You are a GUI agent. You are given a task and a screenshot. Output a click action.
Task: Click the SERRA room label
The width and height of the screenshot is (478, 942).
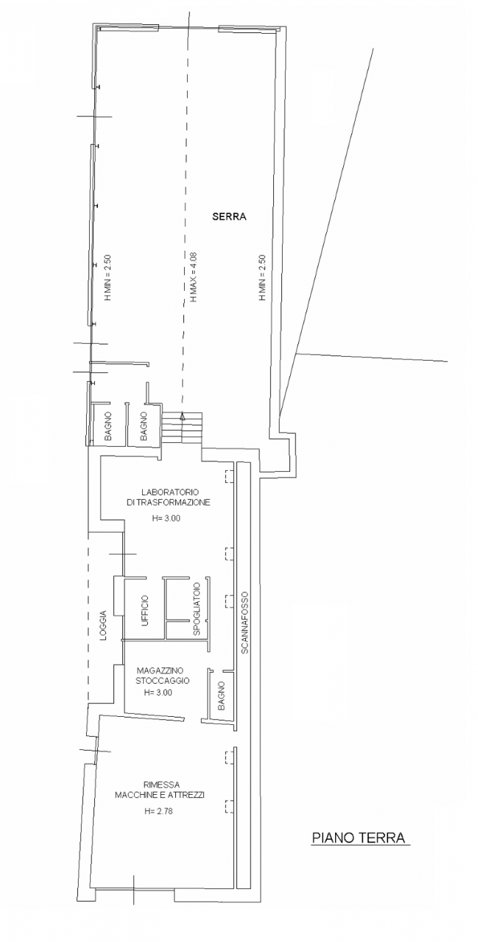(229, 217)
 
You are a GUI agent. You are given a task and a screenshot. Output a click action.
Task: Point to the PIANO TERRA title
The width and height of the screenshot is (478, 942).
(358, 837)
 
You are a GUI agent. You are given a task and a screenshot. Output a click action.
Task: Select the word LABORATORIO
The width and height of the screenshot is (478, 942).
(170, 492)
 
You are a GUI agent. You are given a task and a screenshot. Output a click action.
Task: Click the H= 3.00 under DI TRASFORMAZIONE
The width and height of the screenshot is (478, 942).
(166, 519)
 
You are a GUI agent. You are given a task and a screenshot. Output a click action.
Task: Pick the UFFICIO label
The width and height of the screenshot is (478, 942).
(145, 611)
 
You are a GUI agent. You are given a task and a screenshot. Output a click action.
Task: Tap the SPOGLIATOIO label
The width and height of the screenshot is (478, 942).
(196, 608)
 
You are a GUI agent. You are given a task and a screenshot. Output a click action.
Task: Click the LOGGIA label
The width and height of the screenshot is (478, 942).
(104, 626)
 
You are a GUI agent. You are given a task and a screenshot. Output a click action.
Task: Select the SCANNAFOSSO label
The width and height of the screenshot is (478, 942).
(245, 623)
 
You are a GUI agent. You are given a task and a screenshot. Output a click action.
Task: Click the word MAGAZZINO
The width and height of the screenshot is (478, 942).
(160, 670)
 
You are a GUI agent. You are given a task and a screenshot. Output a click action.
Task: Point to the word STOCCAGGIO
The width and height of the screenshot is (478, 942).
(163, 681)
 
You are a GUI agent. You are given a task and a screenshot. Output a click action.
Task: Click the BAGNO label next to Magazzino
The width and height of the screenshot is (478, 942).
(222, 696)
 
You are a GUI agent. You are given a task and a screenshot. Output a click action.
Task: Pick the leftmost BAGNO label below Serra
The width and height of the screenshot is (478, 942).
(108, 426)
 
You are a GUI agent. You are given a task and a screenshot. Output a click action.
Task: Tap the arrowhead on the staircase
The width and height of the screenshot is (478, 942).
(182, 417)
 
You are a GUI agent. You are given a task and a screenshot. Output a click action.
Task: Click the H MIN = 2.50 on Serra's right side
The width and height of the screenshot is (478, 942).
(262, 277)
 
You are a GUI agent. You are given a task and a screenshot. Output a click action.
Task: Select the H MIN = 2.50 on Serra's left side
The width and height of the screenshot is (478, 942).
(108, 277)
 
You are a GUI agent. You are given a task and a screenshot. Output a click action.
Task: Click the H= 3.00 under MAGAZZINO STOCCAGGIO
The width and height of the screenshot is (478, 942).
(158, 693)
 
